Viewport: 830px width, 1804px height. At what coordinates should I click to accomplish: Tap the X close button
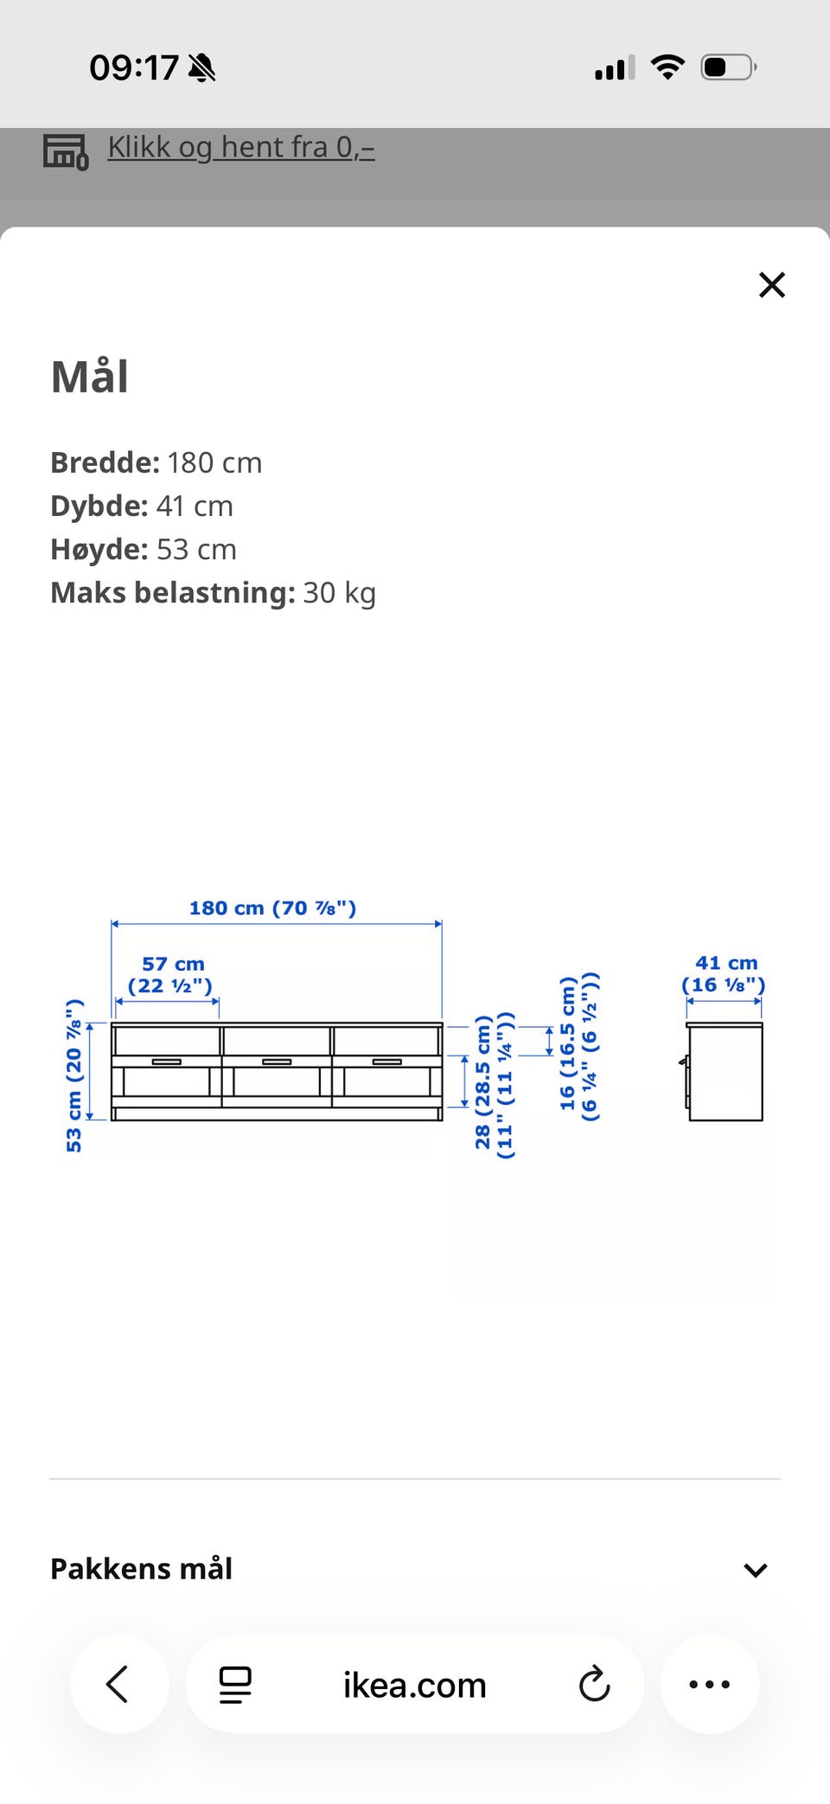(x=772, y=284)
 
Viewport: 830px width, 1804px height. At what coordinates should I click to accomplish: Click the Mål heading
(x=90, y=377)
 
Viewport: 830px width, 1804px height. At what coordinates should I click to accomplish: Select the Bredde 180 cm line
(x=156, y=462)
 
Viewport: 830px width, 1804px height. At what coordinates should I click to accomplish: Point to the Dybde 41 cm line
(x=143, y=506)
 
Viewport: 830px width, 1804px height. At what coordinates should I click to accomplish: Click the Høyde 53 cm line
(x=144, y=549)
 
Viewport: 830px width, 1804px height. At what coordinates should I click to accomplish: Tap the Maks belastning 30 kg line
(x=214, y=593)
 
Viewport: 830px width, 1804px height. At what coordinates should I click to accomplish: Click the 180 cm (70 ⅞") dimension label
(x=273, y=908)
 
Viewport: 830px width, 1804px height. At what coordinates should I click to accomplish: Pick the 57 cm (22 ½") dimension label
(x=171, y=974)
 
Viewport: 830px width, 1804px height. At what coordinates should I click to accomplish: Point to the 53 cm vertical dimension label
(x=74, y=1075)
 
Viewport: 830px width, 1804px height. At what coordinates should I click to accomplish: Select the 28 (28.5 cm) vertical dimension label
(x=494, y=1085)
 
